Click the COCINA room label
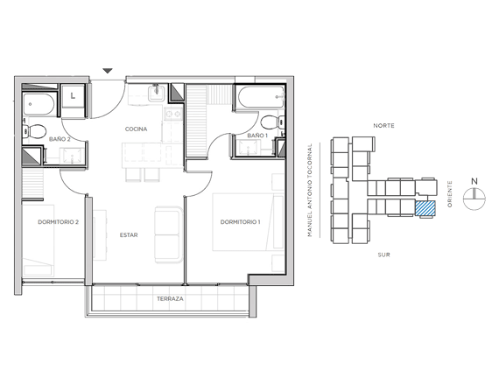coord(136,129)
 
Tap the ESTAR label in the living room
coord(129,235)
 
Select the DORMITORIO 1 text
coord(240,222)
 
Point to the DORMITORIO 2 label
coord(59,222)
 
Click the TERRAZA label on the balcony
coord(170,299)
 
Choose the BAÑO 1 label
coord(257,136)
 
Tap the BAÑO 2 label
coord(60,139)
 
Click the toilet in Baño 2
coord(34,131)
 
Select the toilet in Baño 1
coord(272,122)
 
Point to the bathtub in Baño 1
coord(261,97)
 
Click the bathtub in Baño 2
coord(39,104)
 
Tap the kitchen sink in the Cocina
coord(156,93)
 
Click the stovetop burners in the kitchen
coord(173,114)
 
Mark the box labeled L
coord(73,95)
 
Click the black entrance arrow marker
coord(108,71)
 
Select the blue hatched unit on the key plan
coord(425,208)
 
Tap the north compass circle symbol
coord(474,199)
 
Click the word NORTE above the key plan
coord(383,126)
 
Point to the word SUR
coord(383,255)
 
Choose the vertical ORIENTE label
coord(450,194)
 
